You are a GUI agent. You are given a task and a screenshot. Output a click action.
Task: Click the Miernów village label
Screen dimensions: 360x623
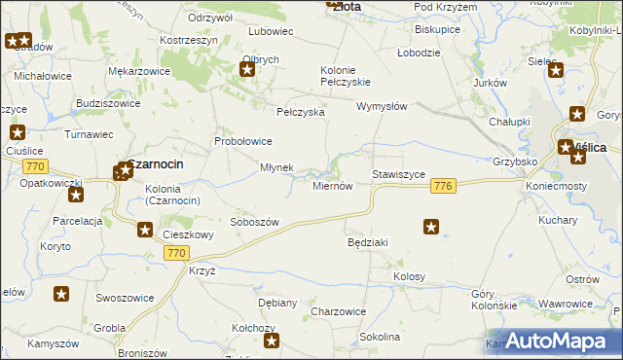coord(332,186)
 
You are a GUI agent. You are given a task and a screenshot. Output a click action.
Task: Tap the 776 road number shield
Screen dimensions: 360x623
coord(443,186)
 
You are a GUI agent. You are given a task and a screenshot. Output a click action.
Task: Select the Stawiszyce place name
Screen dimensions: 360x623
coord(398,174)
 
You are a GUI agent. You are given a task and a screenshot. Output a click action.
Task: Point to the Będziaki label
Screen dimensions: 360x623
coord(368,241)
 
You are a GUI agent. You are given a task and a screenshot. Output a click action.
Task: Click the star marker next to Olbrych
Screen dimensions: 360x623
coord(247,69)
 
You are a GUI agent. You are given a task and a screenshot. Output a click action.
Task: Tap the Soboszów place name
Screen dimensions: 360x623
coord(254,222)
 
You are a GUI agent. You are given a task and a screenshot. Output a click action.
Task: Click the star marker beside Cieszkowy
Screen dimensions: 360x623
coord(145,230)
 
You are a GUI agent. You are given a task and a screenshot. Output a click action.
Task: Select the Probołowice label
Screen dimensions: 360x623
coord(243,141)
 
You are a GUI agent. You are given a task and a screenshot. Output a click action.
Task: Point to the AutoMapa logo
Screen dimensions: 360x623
coord(563,340)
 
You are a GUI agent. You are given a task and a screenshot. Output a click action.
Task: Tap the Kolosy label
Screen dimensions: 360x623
coord(409,277)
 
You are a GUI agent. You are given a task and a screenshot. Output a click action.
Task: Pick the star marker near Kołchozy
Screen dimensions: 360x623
coord(272,341)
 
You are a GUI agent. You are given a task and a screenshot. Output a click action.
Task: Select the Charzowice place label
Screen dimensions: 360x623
coord(338,311)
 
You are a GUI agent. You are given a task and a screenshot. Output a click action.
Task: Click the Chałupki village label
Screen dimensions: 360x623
coord(508,121)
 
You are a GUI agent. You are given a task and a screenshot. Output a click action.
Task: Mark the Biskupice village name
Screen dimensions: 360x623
coord(436,29)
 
